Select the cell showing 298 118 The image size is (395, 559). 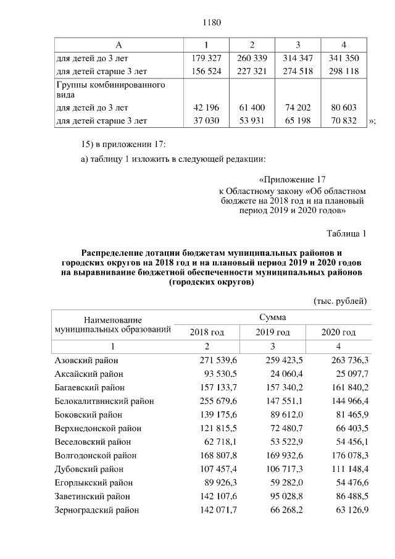pos(343,70)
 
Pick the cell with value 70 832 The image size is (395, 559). pos(343,120)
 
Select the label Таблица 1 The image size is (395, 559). pos(346,233)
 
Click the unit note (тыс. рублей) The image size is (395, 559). pos(340,301)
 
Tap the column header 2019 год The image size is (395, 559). pos(273,332)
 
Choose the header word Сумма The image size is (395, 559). pos(273,317)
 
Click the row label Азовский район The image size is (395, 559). pos(86,360)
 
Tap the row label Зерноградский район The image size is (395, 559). pos(97,510)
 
